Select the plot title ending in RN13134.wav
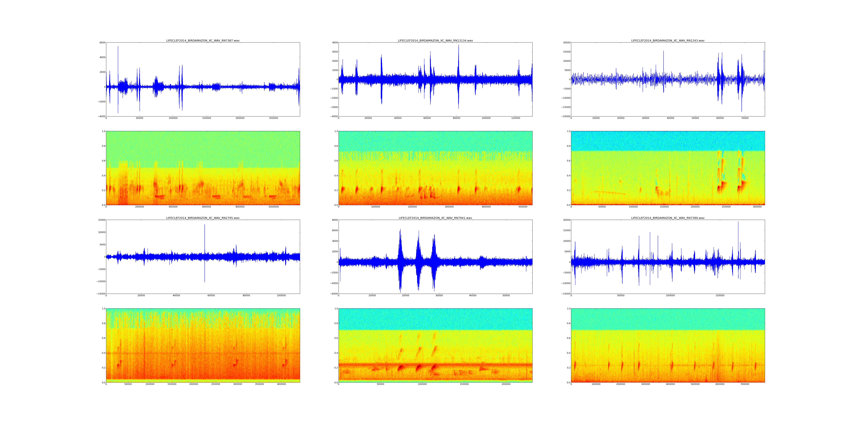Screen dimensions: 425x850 [435, 41]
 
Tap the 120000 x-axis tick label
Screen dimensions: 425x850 [515, 118]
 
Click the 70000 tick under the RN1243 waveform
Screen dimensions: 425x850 [745, 118]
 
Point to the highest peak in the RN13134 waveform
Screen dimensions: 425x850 [458, 45]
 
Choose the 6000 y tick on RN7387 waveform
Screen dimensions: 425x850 [102, 42]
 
